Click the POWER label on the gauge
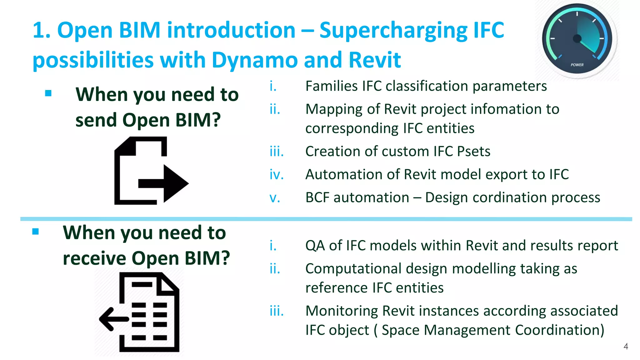point(577,65)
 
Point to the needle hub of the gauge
point(577,39)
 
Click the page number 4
point(626,346)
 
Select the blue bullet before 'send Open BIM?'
point(48,93)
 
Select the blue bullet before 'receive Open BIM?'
point(35,232)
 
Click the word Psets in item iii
point(473,152)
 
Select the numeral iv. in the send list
point(277,175)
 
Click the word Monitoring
point(342,311)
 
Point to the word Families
point(331,86)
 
